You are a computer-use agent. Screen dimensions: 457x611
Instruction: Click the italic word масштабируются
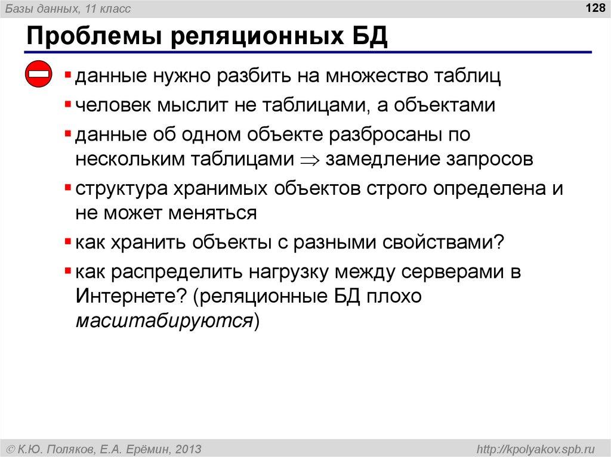click(x=165, y=320)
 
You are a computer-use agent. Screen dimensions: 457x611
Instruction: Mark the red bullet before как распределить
click(x=69, y=272)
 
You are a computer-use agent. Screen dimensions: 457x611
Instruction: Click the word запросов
click(x=488, y=160)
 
